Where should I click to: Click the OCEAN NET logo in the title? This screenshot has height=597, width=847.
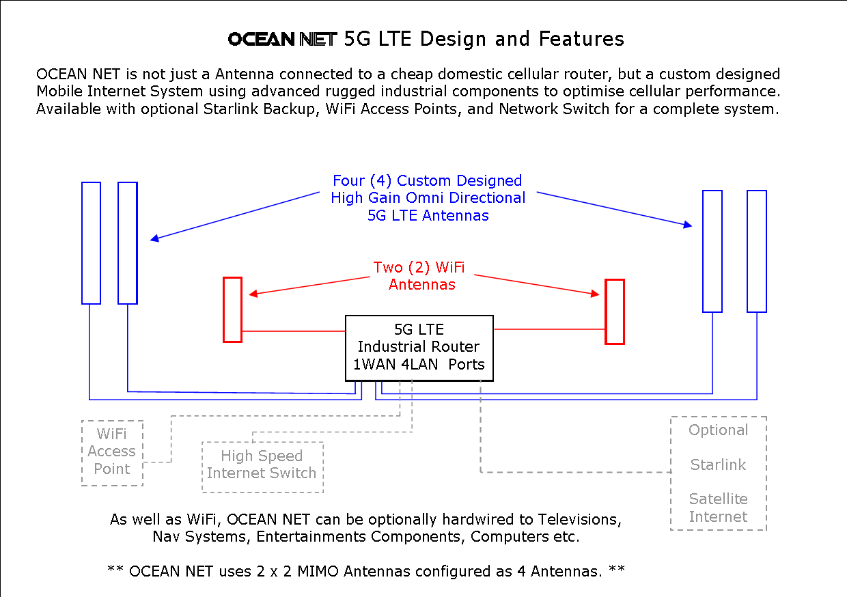coord(283,40)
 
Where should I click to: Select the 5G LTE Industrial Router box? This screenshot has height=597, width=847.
coord(419,348)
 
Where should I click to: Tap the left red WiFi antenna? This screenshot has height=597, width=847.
coord(232,309)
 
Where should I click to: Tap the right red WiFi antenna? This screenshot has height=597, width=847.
coord(615,311)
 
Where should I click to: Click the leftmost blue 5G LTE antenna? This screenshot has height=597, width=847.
coord(91,242)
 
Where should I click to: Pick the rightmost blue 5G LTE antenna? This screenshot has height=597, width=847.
coord(756,251)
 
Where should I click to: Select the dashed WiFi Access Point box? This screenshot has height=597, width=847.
coord(112,452)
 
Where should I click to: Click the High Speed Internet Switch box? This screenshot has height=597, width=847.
coord(262,467)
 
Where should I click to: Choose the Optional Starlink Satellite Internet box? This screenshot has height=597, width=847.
coord(718,473)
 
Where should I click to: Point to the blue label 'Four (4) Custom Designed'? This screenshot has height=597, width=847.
coord(427,181)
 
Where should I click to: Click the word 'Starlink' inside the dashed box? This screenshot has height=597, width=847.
coord(718,465)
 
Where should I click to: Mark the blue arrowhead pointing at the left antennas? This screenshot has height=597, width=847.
coord(155,238)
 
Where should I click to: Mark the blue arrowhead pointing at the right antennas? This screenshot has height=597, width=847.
coord(687,225)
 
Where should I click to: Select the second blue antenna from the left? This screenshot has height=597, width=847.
coord(128,242)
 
